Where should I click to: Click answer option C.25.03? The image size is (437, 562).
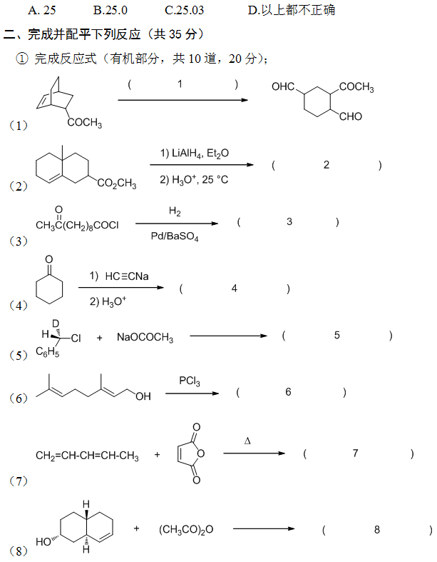click(x=194, y=10)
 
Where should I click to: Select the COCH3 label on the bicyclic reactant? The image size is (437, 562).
click(x=85, y=124)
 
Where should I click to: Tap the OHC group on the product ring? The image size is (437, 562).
click(x=283, y=87)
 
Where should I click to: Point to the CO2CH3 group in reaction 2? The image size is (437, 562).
click(x=117, y=184)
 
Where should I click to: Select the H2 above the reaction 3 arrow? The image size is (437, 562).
click(x=175, y=211)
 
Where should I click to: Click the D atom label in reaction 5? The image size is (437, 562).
click(x=55, y=323)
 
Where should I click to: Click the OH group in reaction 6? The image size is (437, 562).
click(x=143, y=396)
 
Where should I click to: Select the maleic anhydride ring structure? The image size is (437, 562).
click(x=192, y=454)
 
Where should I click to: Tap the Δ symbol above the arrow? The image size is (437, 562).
click(x=247, y=441)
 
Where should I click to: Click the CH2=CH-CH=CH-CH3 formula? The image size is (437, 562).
click(x=87, y=456)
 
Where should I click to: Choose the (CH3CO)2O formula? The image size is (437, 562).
click(x=186, y=529)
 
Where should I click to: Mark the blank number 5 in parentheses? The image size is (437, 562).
click(x=337, y=336)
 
